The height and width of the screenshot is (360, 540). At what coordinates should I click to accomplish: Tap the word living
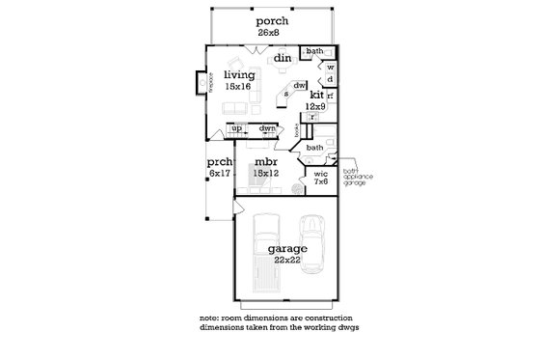pos(237,74)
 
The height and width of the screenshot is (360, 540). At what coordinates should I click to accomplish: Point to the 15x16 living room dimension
pos(237,87)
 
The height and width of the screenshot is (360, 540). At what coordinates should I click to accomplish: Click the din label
pos(282,59)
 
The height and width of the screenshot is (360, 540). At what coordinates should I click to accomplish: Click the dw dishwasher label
pos(300,84)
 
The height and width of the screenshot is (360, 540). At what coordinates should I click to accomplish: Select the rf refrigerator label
pos(330,97)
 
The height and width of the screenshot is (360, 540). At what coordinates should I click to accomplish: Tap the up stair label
pos(236,128)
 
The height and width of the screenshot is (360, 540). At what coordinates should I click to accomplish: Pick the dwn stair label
pos(268,128)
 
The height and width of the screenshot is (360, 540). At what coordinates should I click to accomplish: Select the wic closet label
pos(321,174)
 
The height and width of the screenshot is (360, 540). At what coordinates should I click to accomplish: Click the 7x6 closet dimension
pos(321,182)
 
